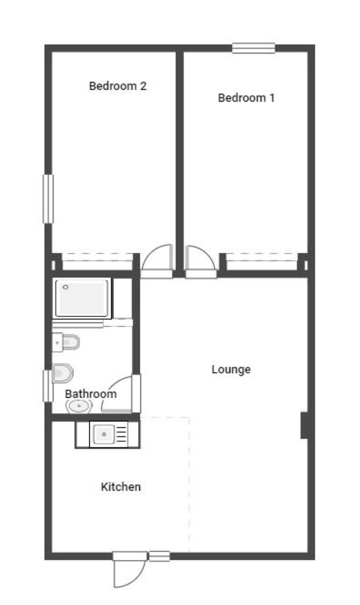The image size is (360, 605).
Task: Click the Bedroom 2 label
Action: point(118,85)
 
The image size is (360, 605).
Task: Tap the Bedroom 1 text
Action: point(246,98)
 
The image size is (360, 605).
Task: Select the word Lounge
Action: point(231,370)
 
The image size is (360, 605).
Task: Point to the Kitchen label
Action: point(121,487)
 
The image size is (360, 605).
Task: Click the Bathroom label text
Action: point(91,393)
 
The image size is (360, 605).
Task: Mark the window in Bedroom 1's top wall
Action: point(254,48)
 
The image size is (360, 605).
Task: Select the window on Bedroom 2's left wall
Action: point(48,199)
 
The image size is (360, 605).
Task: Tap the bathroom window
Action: point(47,386)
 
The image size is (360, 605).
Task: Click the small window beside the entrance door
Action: point(160,556)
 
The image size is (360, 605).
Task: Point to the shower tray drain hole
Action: point(66,287)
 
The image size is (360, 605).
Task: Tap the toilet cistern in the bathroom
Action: point(57,342)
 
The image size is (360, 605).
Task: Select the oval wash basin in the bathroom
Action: point(79,406)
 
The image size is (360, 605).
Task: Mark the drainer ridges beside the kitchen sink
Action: point(121,435)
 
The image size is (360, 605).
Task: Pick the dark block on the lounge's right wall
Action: point(305,425)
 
